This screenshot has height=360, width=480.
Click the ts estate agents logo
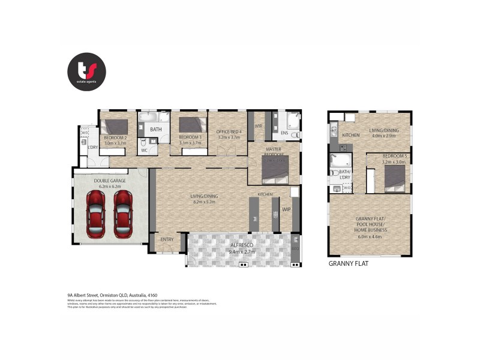pos(86,71)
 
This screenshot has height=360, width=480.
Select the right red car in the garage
pos(123,214)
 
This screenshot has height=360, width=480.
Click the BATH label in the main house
pos(156,129)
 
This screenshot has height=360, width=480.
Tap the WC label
pos(144,150)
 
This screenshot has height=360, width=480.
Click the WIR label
pos(259,126)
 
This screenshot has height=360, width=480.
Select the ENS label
pos(284,133)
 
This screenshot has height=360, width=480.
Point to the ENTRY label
pos(166,239)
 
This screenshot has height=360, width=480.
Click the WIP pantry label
pos(286,210)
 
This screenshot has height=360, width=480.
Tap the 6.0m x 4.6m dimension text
pos(370,236)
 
